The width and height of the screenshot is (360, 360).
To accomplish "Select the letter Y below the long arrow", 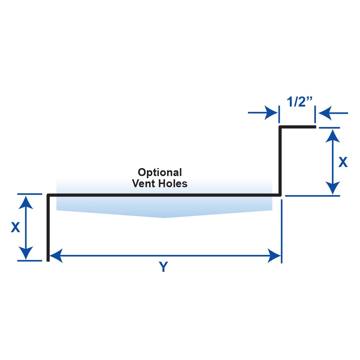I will click(x=163, y=267).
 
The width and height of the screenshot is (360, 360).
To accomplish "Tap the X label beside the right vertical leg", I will click(x=343, y=163).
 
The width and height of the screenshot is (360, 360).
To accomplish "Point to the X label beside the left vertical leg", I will click(x=15, y=227).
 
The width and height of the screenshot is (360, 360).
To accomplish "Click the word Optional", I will click(x=160, y=172).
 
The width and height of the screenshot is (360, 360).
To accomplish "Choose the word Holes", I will click(x=174, y=184).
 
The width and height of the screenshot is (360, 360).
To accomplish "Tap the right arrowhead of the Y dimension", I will click(x=274, y=256).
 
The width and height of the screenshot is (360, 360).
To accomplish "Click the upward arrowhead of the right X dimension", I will click(x=334, y=135).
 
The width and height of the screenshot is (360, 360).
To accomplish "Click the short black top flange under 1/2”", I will click(x=297, y=127).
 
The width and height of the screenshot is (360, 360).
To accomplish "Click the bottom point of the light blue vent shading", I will click(x=165, y=217).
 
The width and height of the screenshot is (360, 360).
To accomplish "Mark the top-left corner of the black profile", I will click(x=48, y=195).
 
